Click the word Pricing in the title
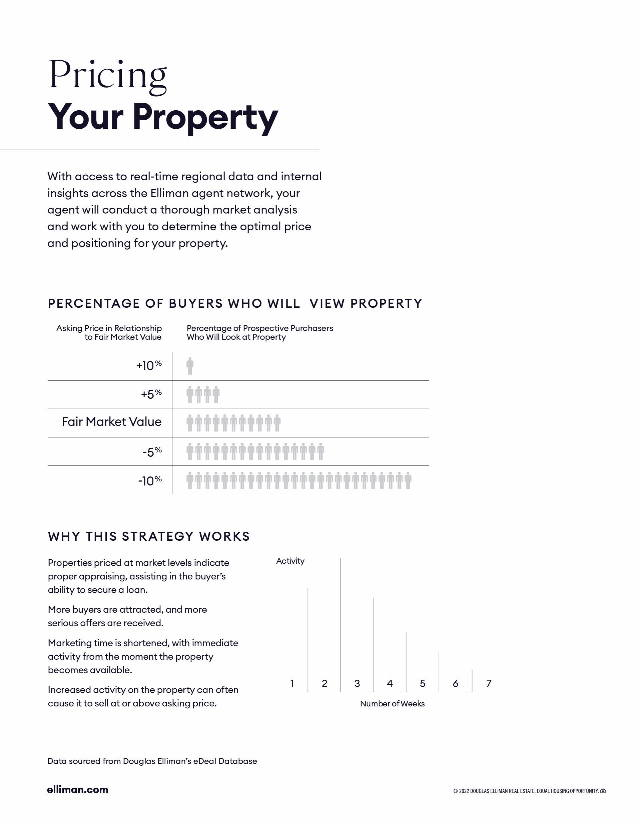click(108, 76)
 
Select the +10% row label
click(149, 365)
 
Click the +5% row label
click(151, 394)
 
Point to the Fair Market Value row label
click(111, 422)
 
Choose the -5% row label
click(152, 452)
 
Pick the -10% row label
click(150, 480)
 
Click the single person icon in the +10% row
click(190, 366)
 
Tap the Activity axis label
click(290, 561)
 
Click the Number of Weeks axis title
click(392, 703)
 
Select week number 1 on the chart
click(292, 683)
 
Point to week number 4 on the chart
click(390, 683)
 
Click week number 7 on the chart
click(489, 683)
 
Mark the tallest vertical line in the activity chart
click(341, 623)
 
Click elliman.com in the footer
click(77, 789)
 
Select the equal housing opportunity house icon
click(603, 791)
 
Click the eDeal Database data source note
click(152, 761)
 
